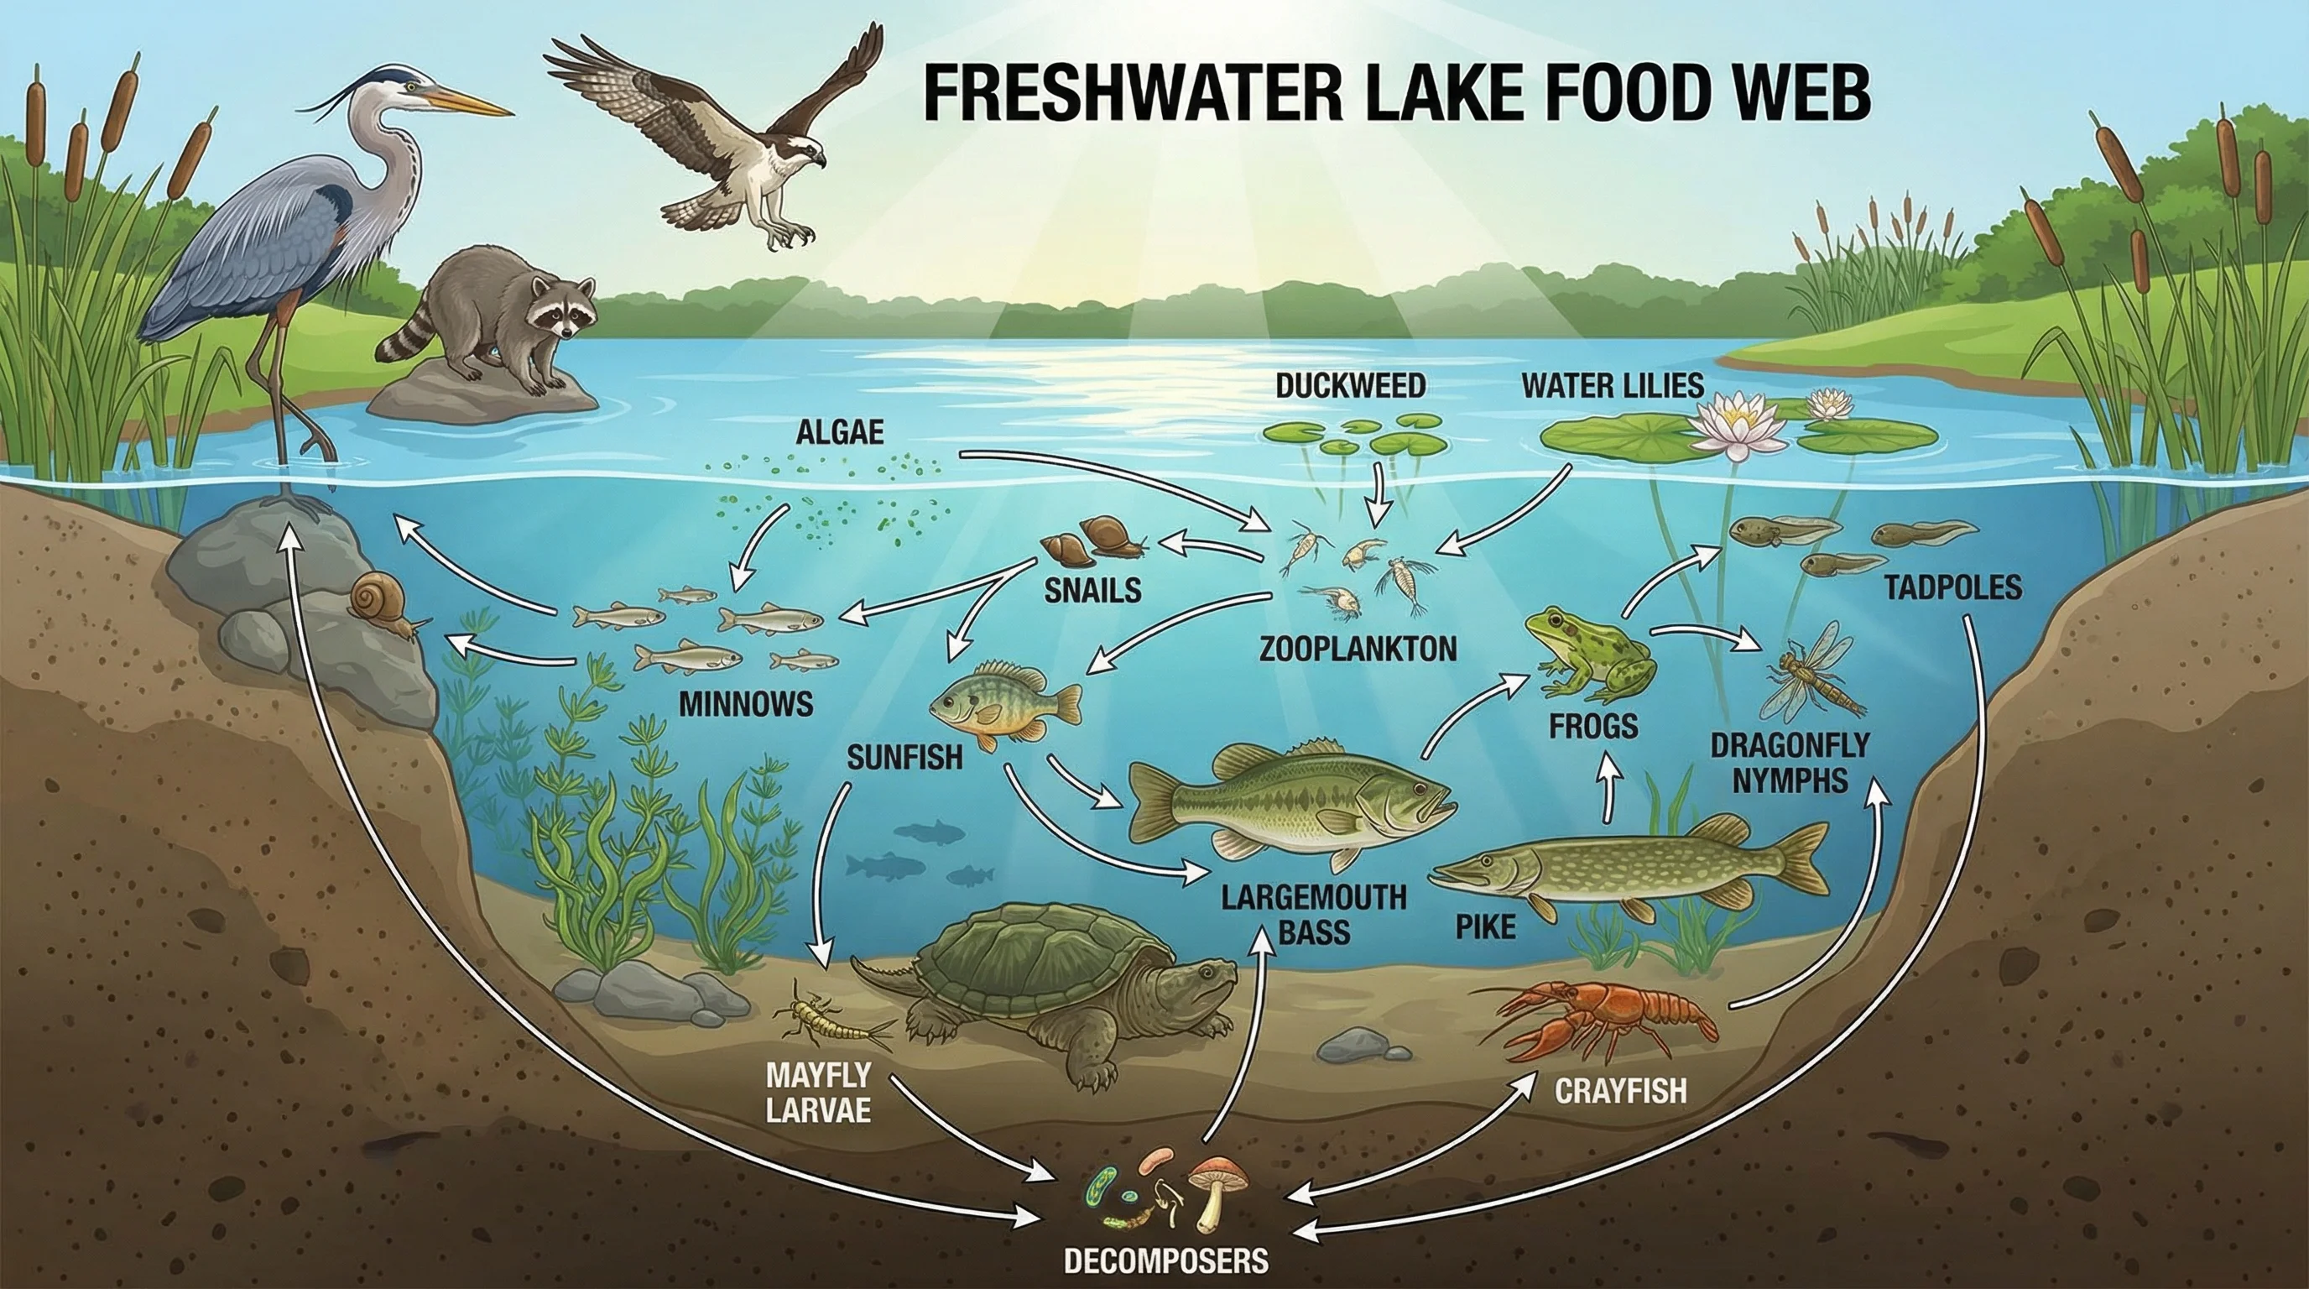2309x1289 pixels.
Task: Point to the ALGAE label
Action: click(839, 433)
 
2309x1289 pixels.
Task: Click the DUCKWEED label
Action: click(1351, 385)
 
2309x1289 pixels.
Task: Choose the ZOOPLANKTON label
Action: click(1358, 647)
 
